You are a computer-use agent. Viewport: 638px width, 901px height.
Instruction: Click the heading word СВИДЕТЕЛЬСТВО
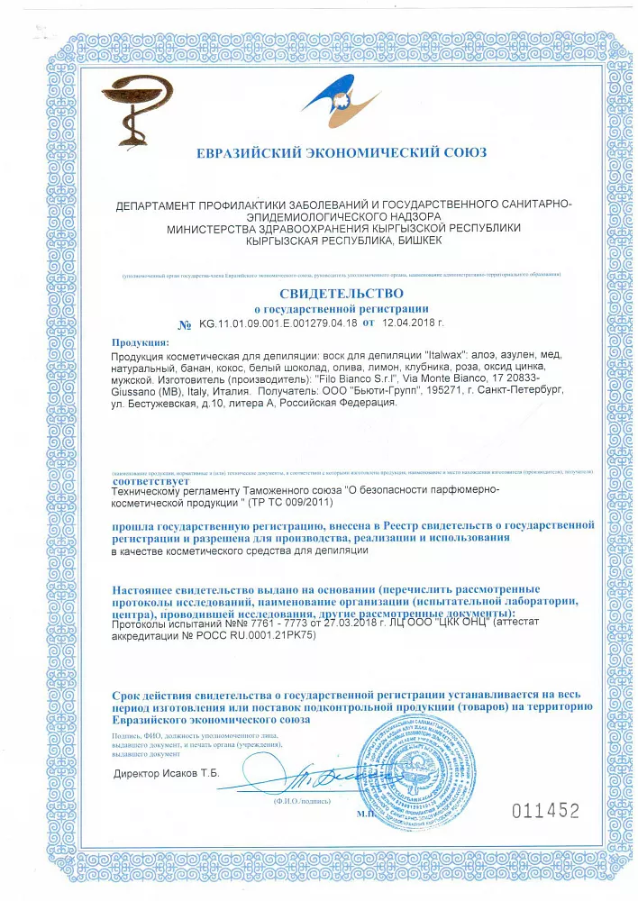point(342,294)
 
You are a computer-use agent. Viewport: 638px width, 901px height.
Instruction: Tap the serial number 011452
point(545,811)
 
